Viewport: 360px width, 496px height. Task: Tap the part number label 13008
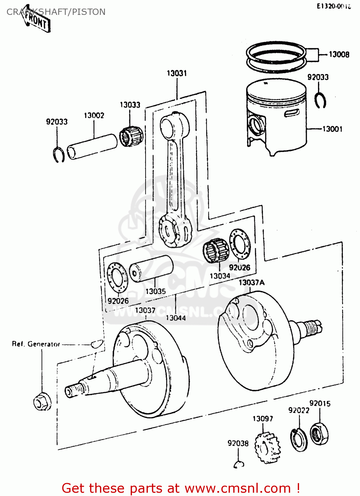[x=339, y=54]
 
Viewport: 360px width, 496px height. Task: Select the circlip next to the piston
[x=320, y=101]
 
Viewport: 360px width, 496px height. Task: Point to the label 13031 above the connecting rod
[x=177, y=73]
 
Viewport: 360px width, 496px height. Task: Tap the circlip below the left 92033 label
[x=59, y=154]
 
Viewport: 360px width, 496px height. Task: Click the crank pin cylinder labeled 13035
[x=151, y=269]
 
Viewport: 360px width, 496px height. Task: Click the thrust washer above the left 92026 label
[x=117, y=277]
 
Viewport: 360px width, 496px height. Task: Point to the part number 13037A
[x=251, y=282]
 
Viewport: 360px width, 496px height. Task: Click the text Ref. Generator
[x=36, y=344]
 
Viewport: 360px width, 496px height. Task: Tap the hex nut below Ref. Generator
[x=42, y=401]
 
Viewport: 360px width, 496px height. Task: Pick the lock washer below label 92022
[x=298, y=439]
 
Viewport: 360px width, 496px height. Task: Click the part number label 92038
[x=238, y=443]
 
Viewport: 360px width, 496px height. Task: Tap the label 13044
[x=176, y=318]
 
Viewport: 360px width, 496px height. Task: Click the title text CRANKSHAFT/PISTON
[x=56, y=12]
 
